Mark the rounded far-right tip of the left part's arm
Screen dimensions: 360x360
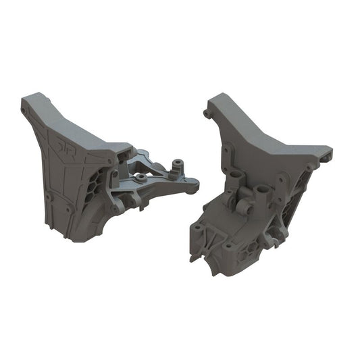pos(196,182)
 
